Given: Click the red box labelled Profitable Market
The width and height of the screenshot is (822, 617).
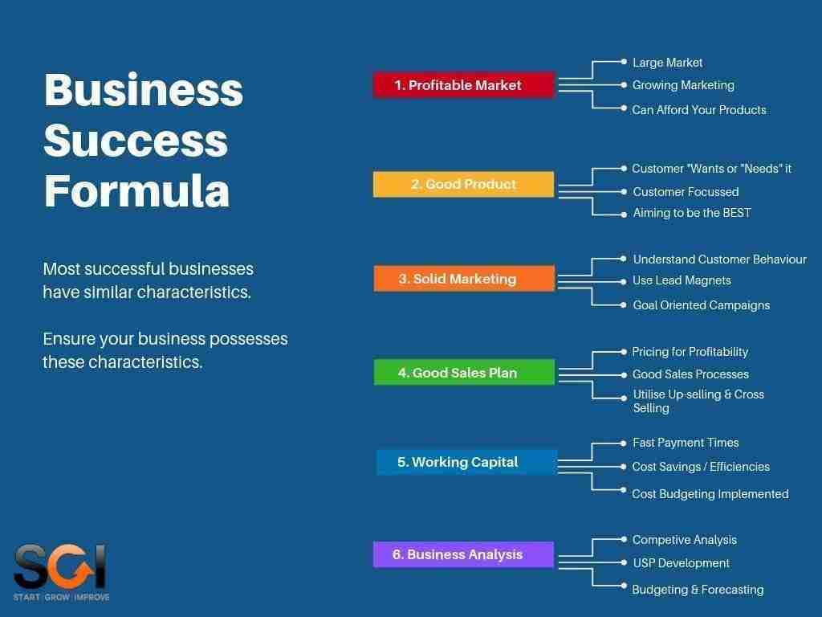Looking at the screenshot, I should pyautogui.click(x=464, y=85).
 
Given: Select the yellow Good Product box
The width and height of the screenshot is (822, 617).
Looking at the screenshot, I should pyautogui.click(x=463, y=184).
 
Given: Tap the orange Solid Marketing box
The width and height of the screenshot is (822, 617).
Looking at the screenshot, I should pyautogui.click(x=464, y=279).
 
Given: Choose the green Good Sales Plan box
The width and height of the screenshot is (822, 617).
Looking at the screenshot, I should pyautogui.click(x=464, y=373).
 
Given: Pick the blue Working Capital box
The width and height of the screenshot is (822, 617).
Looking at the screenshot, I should pyautogui.click(x=466, y=462).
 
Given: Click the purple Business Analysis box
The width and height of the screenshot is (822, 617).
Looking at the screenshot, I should pyautogui.click(x=463, y=554).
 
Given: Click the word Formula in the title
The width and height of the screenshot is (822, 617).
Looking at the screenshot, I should pyautogui.click(x=136, y=190).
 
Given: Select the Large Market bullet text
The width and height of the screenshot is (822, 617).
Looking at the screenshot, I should pyautogui.click(x=667, y=63).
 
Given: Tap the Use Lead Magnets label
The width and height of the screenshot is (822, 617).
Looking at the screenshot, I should pyautogui.click(x=682, y=280).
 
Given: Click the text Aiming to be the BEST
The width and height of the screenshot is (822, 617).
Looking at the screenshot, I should pyautogui.click(x=691, y=213).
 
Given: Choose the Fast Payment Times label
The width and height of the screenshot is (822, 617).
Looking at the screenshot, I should pyautogui.click(x=685, y=443).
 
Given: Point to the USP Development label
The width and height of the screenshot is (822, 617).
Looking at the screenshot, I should pyautogui.click(x=681, y=563).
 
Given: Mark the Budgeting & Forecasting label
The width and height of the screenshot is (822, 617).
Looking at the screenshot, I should pyautogui.click(x=698, y=590).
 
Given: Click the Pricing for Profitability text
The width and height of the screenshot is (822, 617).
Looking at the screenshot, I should pyautogui.click(x=690, y=352).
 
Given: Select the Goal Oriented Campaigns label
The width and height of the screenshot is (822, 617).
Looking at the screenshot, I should pyautogui.click(x=701, y=305).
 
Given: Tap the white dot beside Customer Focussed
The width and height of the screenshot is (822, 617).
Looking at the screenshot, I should pyautogui.click(x=624, y=191).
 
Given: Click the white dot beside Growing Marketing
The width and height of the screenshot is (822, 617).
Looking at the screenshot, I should pyautogui.click(x=624, y=84).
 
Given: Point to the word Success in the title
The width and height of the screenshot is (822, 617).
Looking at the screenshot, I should pyautogui.click(x=136, y=139).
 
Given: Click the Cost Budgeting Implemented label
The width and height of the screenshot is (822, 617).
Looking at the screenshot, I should pyautogui.click(x=710, y=494).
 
